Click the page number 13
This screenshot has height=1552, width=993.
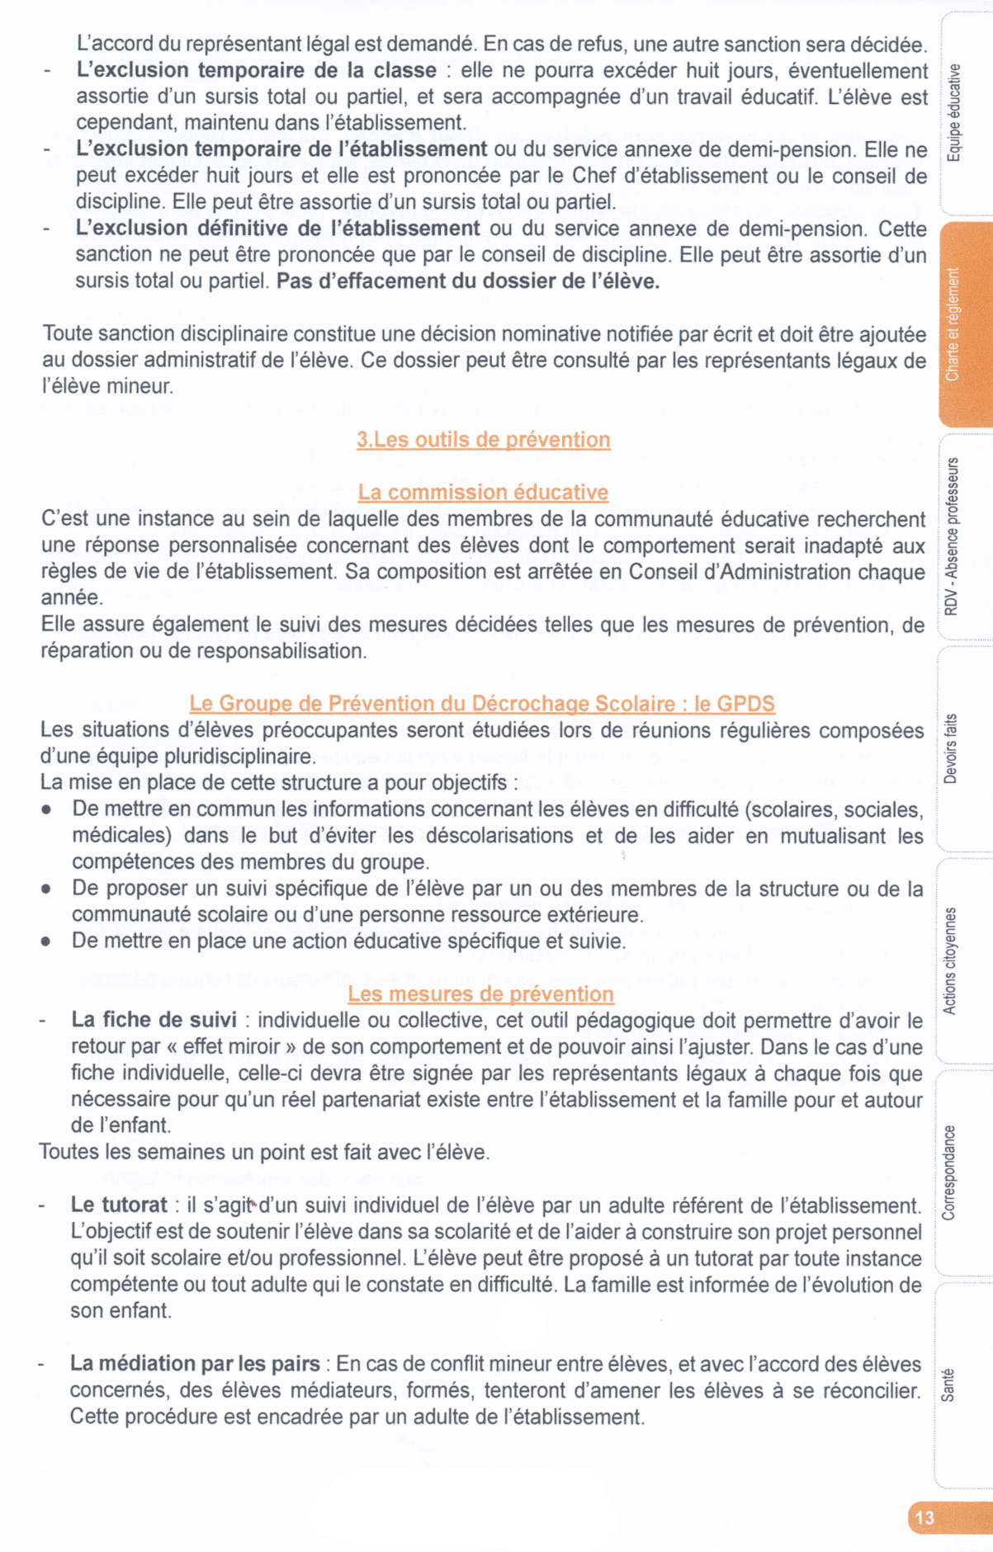tap(924, 1517)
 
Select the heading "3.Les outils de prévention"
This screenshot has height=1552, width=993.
tap(483, 440)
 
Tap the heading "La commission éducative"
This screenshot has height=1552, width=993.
tap(483, 493)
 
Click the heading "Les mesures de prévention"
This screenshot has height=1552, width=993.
tap(480, 993)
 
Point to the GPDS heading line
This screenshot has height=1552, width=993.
tap(482, 704)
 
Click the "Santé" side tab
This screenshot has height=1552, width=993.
tap(948, 1385)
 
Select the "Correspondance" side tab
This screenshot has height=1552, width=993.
tap(948, 1172)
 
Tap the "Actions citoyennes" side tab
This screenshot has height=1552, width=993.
tap(949, 960)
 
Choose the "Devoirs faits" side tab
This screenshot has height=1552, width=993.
tap(950, 748)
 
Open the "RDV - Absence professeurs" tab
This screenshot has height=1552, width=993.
tap(951, 536)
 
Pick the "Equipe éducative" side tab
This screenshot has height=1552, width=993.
tap(953, 112)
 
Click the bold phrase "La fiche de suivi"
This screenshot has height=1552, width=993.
tap(154, 1020)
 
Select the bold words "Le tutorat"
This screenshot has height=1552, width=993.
tap(119, 1205)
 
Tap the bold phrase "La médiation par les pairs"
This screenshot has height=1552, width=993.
tap(195, 1364)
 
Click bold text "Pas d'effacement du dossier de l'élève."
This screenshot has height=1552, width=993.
tap(468, 281)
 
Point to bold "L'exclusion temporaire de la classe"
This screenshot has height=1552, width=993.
tap(256, 71)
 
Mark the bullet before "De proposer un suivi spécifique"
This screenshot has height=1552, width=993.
tap(46, 889)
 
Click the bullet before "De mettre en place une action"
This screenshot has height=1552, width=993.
tap(46, 941)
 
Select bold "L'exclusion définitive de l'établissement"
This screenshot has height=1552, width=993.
tap(277, 229)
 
